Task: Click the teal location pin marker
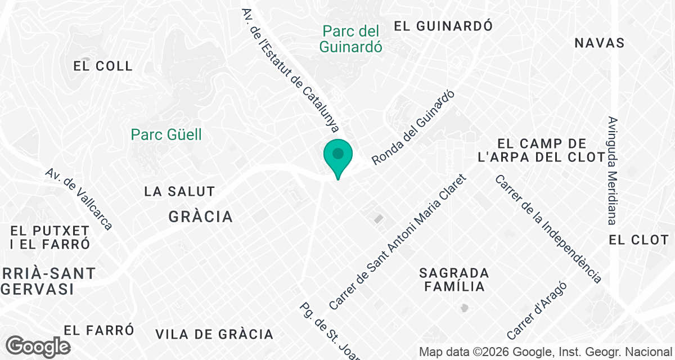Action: click(x=337, y=156)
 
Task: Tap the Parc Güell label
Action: click(x=166, y=134)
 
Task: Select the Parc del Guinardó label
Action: click(x=350, y=39)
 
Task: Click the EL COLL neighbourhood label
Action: click(x=103, y=66)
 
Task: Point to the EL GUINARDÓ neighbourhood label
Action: click(x=443, y=25)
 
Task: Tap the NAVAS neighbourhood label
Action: click(x=600, y=43)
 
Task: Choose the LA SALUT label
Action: click(x=179, y=191)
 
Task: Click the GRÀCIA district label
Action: click(x=201, y=217)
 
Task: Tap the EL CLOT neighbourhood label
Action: click(x=638, y=240)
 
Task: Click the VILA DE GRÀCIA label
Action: click(x=214, y=334)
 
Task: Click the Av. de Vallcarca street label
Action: click(x=79, y=199)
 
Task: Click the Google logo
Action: click(x=38, y=346)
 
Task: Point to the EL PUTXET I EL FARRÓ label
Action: click(x=50, y=237)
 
